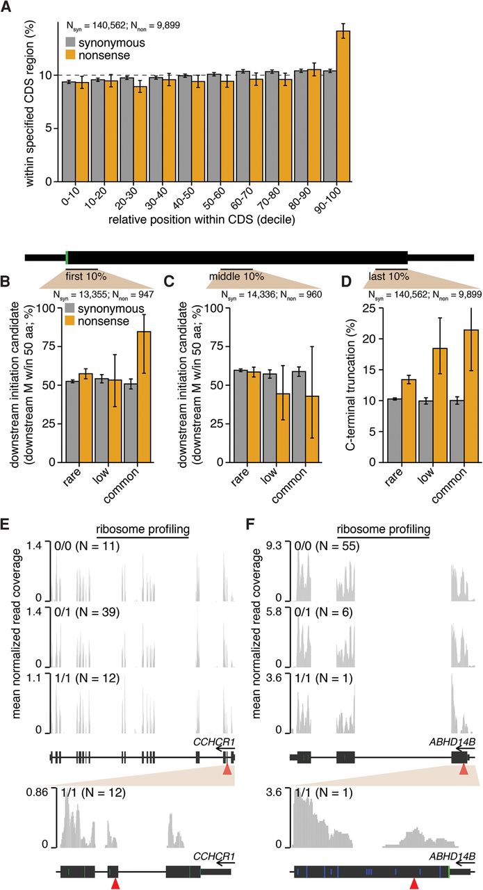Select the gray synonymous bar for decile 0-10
(68, 131)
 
